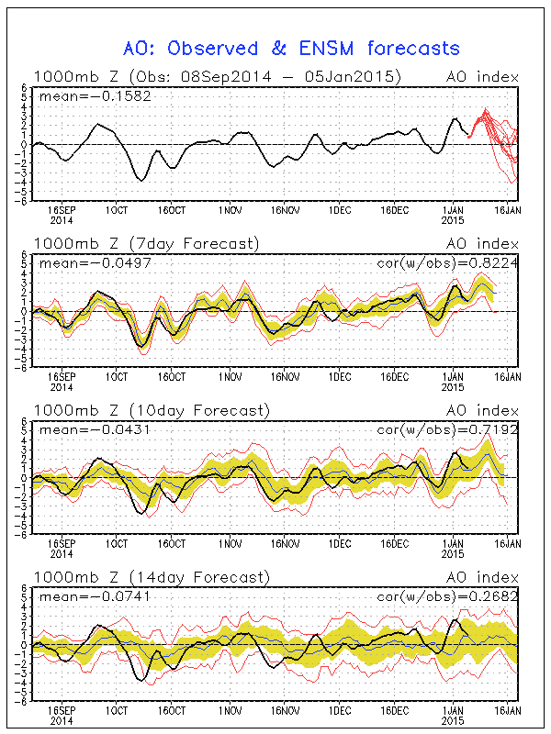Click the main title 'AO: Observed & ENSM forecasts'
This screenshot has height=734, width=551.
click(291, 48)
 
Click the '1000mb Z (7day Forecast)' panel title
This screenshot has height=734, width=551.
click(146, 243)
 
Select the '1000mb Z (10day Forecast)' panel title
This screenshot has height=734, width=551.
click(151, 410)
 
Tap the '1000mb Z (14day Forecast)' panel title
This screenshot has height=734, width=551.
click(151, 577)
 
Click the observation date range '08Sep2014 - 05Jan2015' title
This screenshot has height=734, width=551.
click(295, 76)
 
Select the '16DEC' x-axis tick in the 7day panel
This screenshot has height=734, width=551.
click(395, 377)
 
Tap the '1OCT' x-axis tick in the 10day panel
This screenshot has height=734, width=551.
click(116, 544)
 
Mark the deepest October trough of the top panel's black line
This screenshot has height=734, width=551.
click(141, 180)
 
